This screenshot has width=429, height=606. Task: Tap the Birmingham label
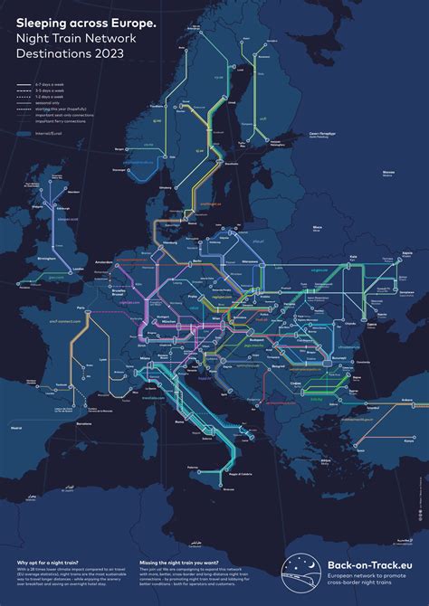[44, 257]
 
